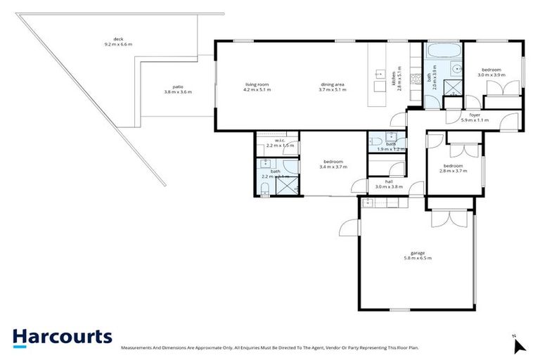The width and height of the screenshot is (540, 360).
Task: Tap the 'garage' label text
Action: coord(418,254)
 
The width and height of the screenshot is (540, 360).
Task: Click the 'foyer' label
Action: coord(475,115)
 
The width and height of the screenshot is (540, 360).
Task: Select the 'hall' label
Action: coord(388,181)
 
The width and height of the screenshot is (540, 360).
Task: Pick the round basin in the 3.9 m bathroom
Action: coord(457,69)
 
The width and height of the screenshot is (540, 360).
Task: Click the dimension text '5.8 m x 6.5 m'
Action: coord(418,259)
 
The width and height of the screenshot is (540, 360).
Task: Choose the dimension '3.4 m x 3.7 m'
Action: coord(333,167)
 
